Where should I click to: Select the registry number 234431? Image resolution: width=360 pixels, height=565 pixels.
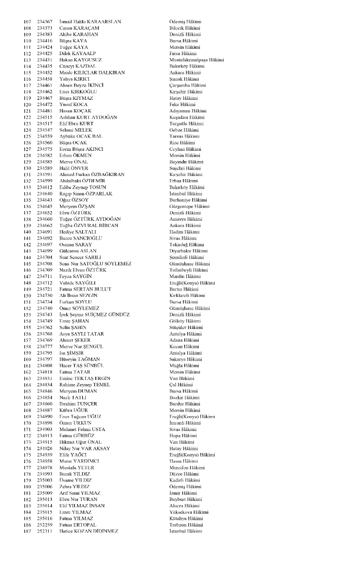45,60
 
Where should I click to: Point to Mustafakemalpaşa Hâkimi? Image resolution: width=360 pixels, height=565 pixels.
196,60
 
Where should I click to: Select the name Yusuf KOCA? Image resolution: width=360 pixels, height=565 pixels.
74,105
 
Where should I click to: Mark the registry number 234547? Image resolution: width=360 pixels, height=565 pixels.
45,130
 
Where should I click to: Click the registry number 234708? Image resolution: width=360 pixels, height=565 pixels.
45,264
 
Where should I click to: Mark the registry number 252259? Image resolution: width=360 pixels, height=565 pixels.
45,525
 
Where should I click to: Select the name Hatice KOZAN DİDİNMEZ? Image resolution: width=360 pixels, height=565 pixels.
89,532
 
